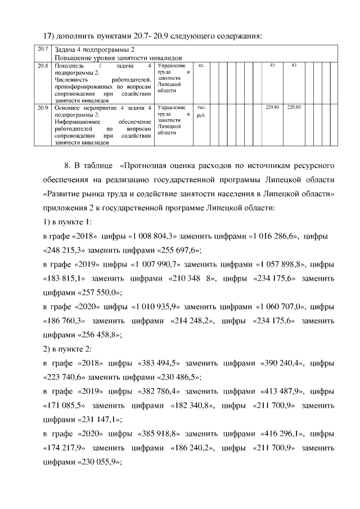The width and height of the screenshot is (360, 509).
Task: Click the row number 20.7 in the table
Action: pos(42,50)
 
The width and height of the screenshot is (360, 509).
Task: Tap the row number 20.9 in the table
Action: pos(42,107)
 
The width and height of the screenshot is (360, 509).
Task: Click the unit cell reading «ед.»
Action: pos(201,66)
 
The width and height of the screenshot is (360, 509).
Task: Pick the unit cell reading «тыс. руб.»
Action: pos(201,111)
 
